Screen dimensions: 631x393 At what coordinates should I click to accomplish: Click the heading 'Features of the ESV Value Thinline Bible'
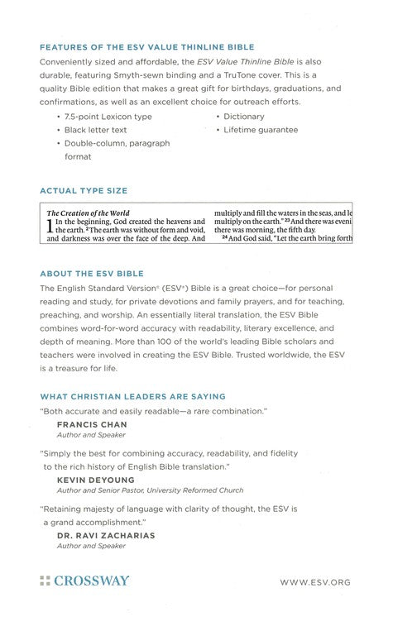pyautogui.click(x=146, y=47)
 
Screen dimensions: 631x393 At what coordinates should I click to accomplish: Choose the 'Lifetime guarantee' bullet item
pyautogui.click(x=262, y=130)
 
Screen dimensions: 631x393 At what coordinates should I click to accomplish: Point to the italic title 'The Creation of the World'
pyautogui.click(x=89, y=213)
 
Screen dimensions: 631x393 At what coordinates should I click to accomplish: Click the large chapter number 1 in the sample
pyautogui.click(x=50, y=227)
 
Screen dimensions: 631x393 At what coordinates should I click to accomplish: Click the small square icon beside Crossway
pyautogui.click(x=45, y=581)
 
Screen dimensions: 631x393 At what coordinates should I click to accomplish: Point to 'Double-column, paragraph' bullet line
pyautogui.click(x=117, y=143)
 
